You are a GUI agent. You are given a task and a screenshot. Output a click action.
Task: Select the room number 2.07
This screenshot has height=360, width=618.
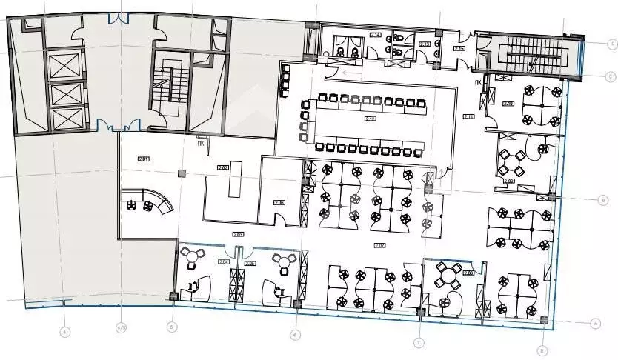click(379, 244)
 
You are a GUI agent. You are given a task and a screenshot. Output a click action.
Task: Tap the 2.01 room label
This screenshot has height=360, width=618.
click(143, 158)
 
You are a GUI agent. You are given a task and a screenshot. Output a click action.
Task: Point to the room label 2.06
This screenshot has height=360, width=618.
click(279, 201)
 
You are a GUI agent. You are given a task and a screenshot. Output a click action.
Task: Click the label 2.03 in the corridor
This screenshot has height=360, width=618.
click(238, 235)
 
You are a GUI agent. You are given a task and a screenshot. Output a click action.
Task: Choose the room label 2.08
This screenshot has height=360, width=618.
click(468, 273)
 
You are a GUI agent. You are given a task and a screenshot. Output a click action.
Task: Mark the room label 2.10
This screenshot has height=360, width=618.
click(508, 103)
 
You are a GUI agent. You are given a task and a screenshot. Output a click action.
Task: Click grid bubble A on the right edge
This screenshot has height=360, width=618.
click(593, 323)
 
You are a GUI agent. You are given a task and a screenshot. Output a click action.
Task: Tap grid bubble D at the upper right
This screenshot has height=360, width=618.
click(612, 44)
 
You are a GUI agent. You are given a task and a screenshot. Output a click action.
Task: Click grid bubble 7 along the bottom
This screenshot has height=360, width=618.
click(418, 342)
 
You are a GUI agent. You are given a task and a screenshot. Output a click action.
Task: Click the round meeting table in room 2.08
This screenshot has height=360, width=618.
click(445, 274)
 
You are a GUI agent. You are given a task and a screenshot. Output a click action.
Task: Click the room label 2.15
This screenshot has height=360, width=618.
click(459, 49)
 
